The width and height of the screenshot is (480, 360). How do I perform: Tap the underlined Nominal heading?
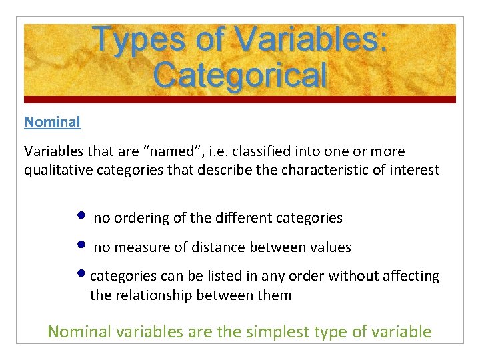[52, 122]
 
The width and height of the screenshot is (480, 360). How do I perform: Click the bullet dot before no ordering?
[81, 215]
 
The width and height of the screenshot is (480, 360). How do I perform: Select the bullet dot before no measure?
[81, 245]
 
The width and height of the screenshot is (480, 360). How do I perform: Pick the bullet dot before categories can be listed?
[81, 274]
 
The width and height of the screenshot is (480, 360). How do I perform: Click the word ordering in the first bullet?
[136, 218]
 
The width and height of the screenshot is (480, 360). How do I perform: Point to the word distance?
[219, 247]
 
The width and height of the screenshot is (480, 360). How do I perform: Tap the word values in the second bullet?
[330, 247]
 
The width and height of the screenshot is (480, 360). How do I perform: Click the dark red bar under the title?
[240, 99]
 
